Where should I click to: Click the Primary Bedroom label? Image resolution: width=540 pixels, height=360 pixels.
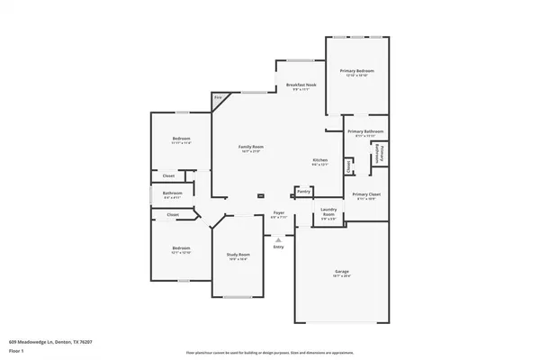pyautogui.click(x=356, y=70)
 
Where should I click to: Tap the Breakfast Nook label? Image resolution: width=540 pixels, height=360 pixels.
pyautogui.click(x=301, y=85)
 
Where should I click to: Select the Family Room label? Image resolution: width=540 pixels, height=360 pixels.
pyautogui.click(x=250, y=146)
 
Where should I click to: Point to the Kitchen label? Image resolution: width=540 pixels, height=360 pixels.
pyautogui.click(x=320, y=159)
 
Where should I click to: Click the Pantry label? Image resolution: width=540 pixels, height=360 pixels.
pyautogui.click(x=303, y=191)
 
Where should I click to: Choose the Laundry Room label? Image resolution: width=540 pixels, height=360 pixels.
pyautogui.click(x=328, y=212)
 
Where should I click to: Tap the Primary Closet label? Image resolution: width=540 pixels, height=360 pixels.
pyautogui.click(x=364, y=194)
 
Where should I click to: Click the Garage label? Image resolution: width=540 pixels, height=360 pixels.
pyautogui.click(x=342, y=271)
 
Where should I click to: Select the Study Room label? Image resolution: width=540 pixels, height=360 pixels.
pyautogui.click(x=238, y=255)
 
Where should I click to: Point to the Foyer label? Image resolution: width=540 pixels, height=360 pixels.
pyautogui.click(x=279, y=212)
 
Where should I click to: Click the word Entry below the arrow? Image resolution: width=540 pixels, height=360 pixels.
pyautogui.click(x=279, y=247)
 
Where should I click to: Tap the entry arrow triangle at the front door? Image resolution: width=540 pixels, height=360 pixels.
pyautogui.click(x=279, y=239)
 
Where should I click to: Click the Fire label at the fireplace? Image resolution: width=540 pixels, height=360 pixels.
pyautogui.click(x=218, y=97)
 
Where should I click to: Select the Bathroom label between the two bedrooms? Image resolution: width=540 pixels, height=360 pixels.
pyautogui.click(x=172, y=193)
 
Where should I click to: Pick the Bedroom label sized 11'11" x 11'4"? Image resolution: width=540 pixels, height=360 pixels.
pyautogui.click(x=180, y=139)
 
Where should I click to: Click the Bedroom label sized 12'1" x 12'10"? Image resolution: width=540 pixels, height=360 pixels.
pyautogui.click(x=181, y=247)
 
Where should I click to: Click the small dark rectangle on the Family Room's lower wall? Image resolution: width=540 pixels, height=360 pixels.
pyautogui.click(x=260, y=195)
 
